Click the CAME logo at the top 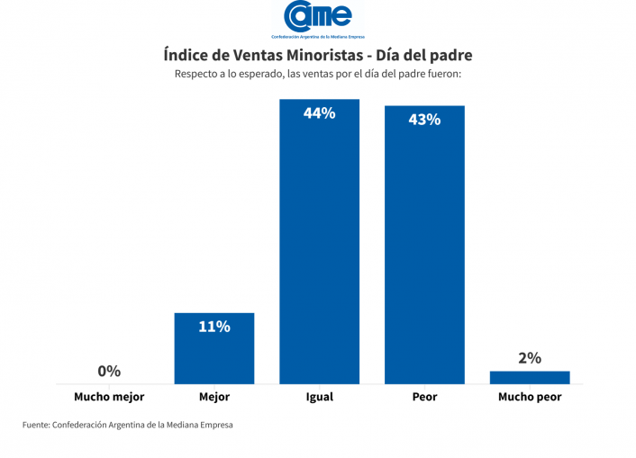(318, 18)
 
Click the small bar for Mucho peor (530, 377)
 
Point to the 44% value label (319, 113)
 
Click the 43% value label (424, 119)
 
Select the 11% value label (214, 327)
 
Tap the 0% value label (109, 371)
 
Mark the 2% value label (530, 358)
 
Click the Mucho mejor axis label (109, 397)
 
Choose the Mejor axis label (214, 397)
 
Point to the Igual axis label (319, 397)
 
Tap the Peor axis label (424, 397)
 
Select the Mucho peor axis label (530, 397)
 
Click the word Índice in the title (187, 55)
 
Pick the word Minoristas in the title (311, 55)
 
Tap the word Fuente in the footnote (36, 425)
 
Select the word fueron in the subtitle (441, 74)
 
